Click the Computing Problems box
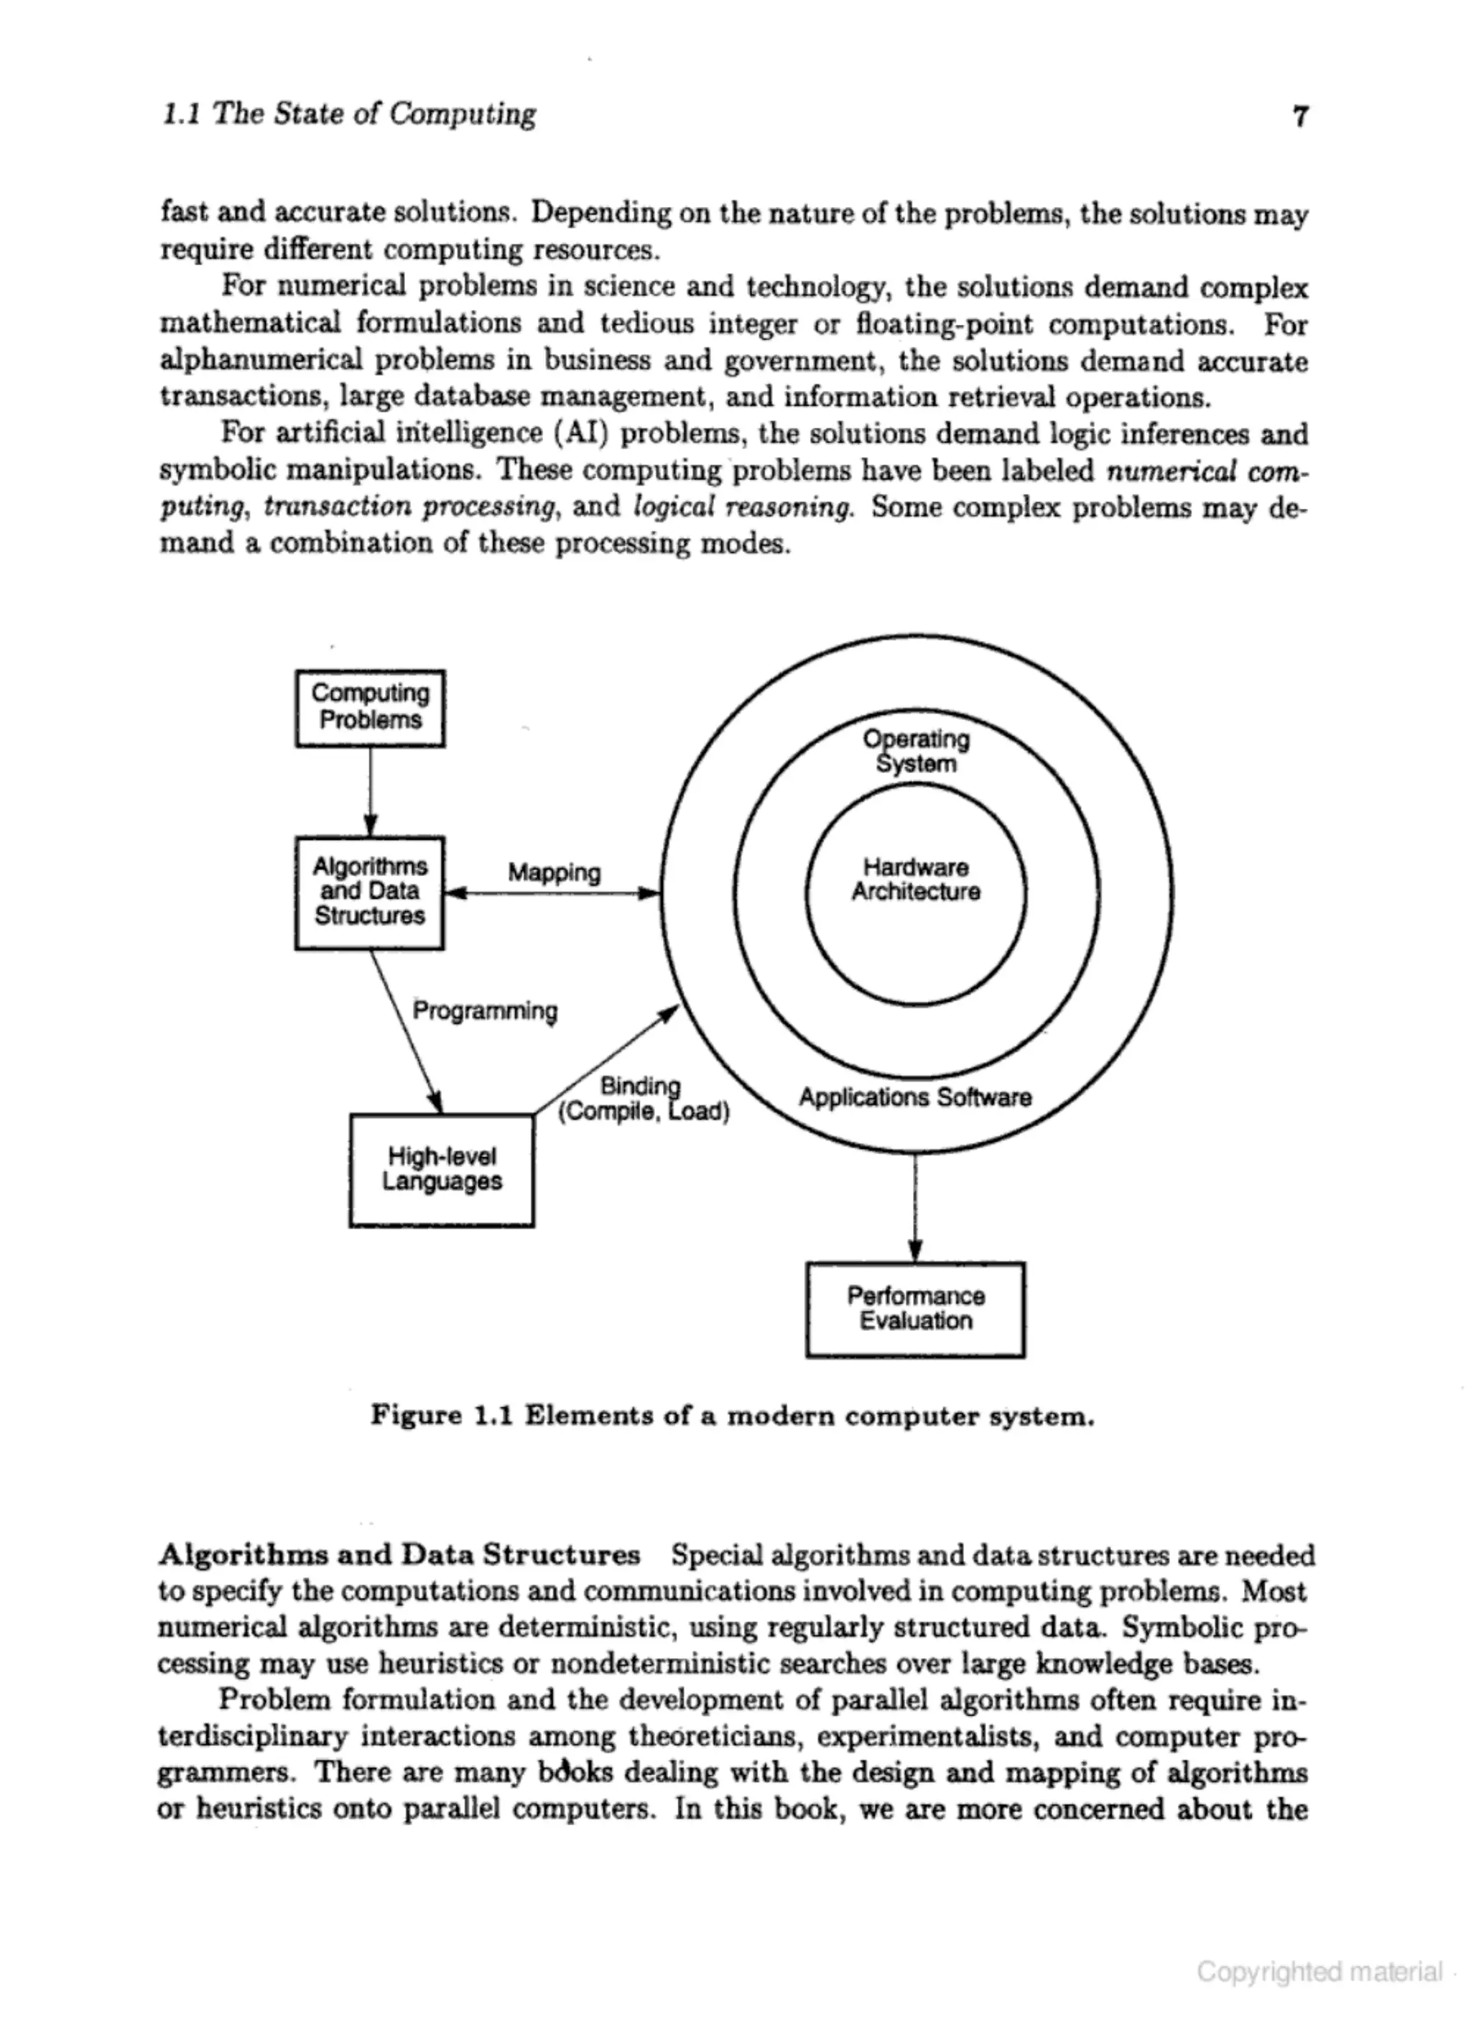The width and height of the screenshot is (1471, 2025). point(369,707)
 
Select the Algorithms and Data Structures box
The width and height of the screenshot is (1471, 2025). point(369,891)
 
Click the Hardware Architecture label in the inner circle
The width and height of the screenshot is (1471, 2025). point(915,880)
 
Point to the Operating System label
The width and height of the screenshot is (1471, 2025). point(915,751)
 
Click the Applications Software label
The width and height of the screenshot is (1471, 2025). point(915,1097)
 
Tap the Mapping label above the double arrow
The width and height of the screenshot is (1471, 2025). point(553,872)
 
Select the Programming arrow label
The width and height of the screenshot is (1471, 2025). point(485,1011)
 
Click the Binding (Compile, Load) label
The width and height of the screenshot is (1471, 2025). point(643,1099)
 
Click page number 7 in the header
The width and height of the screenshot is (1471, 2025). point(1301,117)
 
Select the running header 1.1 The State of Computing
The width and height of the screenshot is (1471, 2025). point(349,114)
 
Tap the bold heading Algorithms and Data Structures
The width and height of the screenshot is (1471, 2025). point(399,1554)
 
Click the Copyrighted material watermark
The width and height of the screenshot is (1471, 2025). point(1319,1971)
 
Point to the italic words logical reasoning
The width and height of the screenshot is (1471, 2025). point(743,507)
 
